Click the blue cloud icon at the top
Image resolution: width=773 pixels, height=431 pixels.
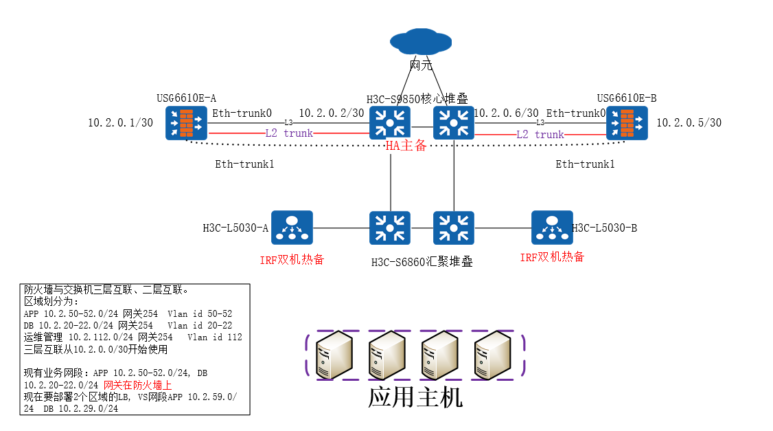(421, 42)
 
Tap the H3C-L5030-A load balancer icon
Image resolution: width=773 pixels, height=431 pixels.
(292, 228)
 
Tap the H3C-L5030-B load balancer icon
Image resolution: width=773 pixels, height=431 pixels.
(552, 228)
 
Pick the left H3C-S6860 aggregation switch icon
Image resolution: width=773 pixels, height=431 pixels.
(390, 228)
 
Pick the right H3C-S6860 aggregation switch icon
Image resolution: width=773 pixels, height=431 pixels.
(454, 228)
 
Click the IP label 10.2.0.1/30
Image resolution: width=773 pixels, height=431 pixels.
(120, 123)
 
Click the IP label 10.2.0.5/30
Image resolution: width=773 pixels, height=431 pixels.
(689, 123)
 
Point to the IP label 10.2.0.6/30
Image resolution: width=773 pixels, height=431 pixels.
(507, 113)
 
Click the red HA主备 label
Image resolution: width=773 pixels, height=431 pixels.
(405, 146)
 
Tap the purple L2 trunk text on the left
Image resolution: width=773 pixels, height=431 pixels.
(289, 133)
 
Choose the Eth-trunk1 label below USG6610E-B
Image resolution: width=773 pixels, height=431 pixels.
(585, 164)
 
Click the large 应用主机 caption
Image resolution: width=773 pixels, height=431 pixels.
(415, 398)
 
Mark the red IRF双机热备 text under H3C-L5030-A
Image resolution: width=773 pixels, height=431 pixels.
(292, 259)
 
